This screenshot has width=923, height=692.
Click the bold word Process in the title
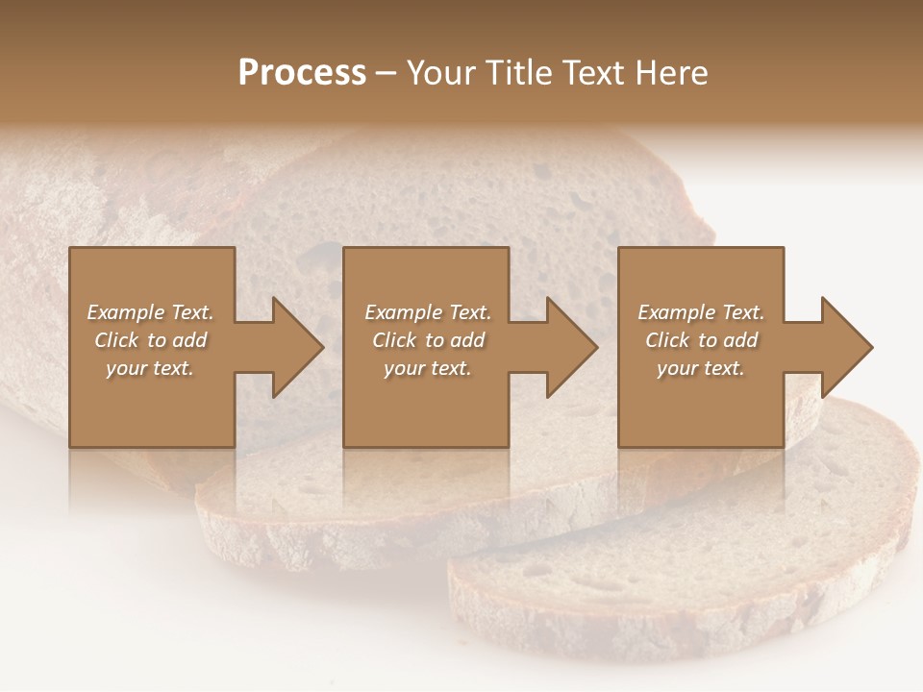click(x=302, y=73)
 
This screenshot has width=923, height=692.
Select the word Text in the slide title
click(x=593, y=73)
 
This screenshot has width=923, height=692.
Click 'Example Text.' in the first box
click(x=150, y=312)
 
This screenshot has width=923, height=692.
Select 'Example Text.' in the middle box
click(x=428, y=312)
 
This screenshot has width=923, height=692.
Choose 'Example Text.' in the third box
click(x=701, y=312)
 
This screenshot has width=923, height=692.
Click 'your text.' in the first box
click(x=150, y=368)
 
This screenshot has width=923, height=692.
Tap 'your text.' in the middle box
click(x=428, y=368)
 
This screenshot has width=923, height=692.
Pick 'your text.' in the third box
click(x=701, y=368)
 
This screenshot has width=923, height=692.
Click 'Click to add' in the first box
click(x=150, y=340)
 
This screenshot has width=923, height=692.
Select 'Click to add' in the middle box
click(x=428, y=340)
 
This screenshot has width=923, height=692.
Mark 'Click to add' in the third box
click(x=701, y=340)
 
